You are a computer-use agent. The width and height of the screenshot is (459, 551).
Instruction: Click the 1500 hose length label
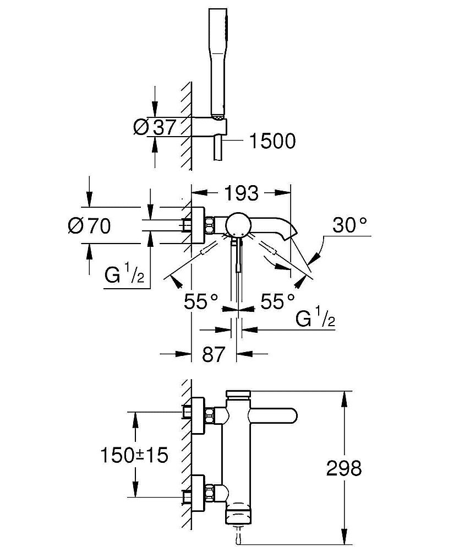pos(272,142)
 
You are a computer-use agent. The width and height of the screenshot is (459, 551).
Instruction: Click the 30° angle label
pos(349,225)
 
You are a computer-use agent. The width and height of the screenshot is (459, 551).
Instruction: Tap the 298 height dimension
pos(344,468)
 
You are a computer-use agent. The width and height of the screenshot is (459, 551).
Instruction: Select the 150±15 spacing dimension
pos(133,455)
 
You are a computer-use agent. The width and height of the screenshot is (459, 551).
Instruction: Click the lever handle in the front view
pos(275,415)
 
